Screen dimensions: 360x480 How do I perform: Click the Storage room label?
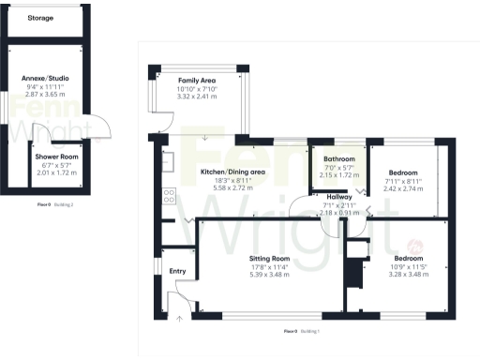(x=39, y=18)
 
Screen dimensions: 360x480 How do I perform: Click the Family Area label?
(x=197, y=80)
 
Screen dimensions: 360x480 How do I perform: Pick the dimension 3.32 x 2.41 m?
(x=197, y=96)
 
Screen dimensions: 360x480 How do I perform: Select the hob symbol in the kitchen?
(x=171, y=197)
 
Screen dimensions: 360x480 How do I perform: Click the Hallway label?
(x=339, y=196)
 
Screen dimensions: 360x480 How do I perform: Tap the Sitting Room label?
(x=269, y=258)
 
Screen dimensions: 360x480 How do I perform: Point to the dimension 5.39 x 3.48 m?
(x=269, y=274)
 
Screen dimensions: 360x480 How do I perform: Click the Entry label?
(x=177, y=271)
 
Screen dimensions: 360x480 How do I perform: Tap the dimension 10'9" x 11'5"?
(x=408, y=266)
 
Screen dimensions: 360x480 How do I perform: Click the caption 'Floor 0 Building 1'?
(x=303, y=331)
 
